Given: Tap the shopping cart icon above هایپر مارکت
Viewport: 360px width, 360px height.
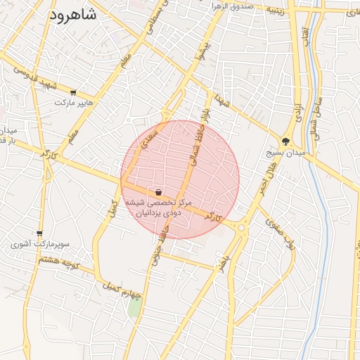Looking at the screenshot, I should click(x=74, y=92).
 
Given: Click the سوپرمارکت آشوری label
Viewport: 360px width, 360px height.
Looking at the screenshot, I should click(x=39, y=245).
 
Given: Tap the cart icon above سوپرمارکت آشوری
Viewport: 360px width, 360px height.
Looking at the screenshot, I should click(x=39, y=234).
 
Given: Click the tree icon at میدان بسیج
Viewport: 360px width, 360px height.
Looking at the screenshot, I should click(x=285, y=141).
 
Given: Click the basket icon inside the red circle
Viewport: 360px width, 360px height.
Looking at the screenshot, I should click(x=158, y=192).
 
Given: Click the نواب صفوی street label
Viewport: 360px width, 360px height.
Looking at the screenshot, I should click(x=278, y=233).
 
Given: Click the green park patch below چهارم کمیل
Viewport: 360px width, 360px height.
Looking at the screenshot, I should click(x=134, y=307).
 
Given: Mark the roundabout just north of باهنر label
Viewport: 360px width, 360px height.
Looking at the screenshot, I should click(x=242, y=227).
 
